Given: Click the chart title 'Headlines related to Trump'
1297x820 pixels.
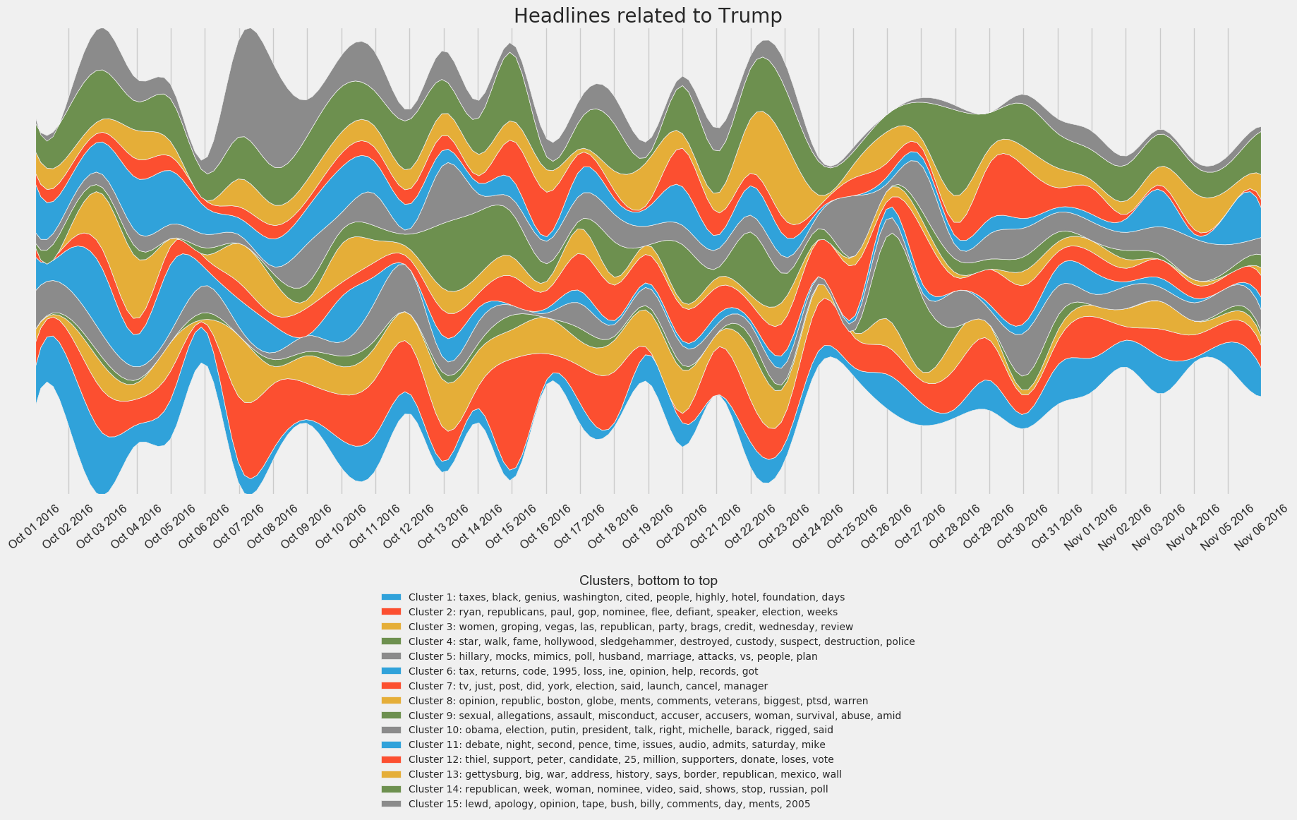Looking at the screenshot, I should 648,16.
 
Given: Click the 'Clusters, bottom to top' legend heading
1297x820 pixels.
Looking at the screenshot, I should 648,581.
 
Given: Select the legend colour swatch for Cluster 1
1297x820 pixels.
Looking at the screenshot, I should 391,597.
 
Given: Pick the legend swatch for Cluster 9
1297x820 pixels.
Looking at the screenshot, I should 391,716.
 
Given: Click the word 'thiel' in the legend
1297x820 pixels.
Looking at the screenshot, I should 476,759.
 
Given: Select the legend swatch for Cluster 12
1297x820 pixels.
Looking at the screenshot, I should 391,759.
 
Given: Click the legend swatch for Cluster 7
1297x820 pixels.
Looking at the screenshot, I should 391,686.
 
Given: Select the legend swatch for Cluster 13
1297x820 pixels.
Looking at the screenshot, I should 391,774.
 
